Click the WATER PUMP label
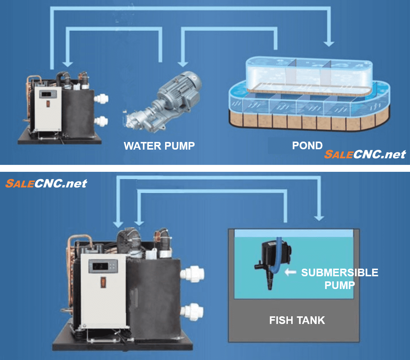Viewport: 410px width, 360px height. pos(159,146)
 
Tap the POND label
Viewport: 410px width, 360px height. pos(307,146)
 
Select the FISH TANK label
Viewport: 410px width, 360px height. pos(297,320)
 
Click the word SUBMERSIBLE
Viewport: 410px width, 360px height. pos(339,273)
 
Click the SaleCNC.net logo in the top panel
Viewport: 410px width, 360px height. pos(365,154)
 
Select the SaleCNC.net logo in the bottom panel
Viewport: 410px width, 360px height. pos(46,183)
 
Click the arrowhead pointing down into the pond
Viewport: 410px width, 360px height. pos(329,43)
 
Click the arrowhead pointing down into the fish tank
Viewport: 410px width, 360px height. pos(319,217)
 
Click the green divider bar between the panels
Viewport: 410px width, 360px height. pos(205,168)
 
